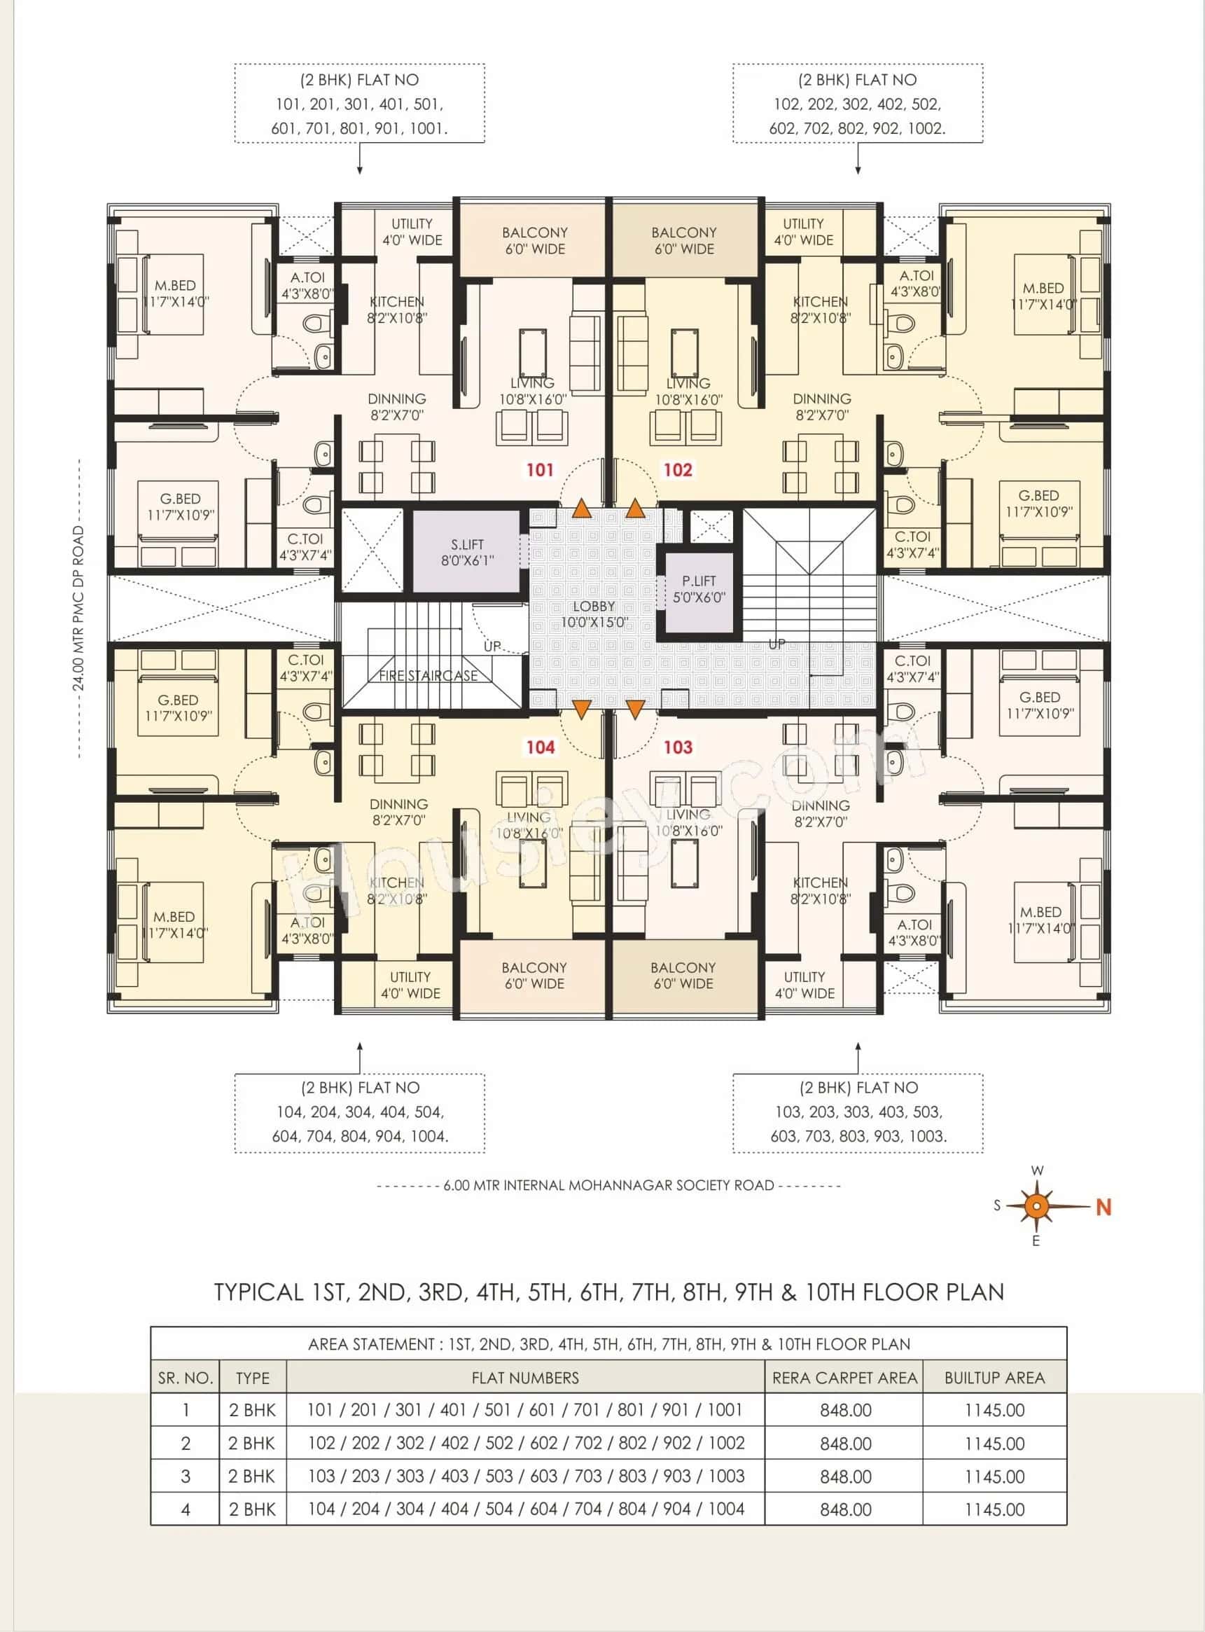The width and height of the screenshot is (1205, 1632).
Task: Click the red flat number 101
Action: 540,470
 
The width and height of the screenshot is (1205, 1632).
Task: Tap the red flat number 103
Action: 678,747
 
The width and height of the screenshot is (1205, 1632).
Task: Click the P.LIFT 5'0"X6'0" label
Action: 699,589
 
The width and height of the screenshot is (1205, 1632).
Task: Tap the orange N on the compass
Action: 1103,1208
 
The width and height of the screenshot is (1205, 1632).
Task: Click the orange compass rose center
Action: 1036,1206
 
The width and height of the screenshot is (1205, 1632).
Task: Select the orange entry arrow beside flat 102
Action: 635,509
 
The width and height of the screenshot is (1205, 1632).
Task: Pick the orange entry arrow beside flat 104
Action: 581,708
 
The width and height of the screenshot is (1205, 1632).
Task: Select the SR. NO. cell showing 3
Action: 186,1477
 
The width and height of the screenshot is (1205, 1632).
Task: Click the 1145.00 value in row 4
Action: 994,1509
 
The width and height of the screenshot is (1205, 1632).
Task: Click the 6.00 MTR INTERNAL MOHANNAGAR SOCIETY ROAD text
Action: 608,1186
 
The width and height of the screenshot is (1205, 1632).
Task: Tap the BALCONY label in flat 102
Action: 683,240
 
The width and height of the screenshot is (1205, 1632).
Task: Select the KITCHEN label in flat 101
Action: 397,310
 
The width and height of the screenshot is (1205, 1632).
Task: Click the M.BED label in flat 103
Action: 1041,920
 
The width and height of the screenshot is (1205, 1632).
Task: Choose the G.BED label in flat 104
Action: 178,707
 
